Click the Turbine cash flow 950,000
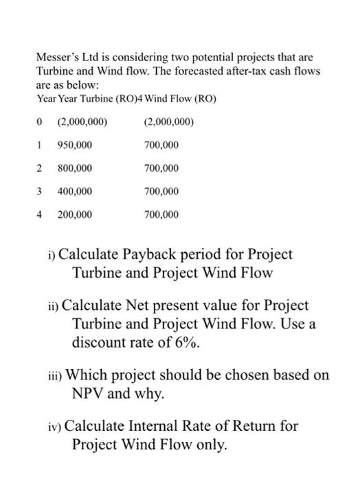[74, 146]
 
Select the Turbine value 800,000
[74, 168]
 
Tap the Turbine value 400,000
[74, 191]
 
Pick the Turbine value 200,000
[74, 214]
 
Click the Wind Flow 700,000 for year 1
[161, 146]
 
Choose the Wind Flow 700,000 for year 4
[161, 214]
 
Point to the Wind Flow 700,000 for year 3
[161, 191]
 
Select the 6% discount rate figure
[188, 342]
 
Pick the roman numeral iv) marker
[54, 427]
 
